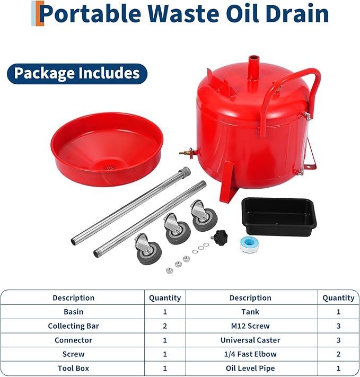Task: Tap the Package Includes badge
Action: coord(77,73)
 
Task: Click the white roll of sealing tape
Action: coord(249,242)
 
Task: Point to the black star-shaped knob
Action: coord(218,235)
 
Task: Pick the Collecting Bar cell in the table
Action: coord(73,326)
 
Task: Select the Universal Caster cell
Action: coord(250,340)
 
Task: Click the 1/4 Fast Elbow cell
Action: coord(250,354)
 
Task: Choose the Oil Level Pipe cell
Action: coord(250,368)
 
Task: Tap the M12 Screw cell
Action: coord(250,326)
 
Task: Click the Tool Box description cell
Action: coord(73,368)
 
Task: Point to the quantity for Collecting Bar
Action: coord(164,326)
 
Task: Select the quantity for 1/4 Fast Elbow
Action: coord(338,354)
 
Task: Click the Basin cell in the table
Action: coord(73,312)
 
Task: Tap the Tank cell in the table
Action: coord(250,312)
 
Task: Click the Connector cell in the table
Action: coord(73,340)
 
